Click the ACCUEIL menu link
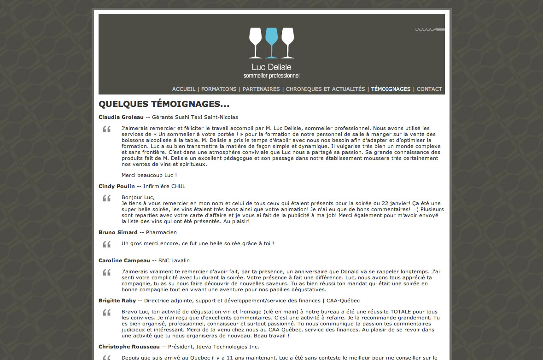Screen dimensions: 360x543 coord(183,89)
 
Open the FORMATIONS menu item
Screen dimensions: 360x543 coord(219,89)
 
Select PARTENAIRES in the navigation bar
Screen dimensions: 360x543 coord(261,89)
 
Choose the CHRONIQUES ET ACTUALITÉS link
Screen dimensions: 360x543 coord(325,89)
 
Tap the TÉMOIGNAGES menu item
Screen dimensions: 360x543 coord(391,89)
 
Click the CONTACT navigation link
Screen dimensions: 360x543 coord(429,89)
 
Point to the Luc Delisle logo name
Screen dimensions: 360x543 coord(271,67)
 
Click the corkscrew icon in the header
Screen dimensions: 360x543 coord(430,30)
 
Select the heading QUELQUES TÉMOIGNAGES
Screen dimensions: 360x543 coord(164,104)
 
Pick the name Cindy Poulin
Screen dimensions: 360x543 coord(117,186)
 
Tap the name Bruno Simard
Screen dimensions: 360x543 coord(118,232)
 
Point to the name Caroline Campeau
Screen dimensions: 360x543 coord(124,260)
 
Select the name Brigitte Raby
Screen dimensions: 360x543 coord(117,301)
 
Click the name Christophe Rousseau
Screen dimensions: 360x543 coord(129,347)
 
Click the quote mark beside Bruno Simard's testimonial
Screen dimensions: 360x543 coord(107,244)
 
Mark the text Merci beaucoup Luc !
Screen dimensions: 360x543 coord(149,175)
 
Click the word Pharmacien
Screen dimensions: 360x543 coord(161,232)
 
